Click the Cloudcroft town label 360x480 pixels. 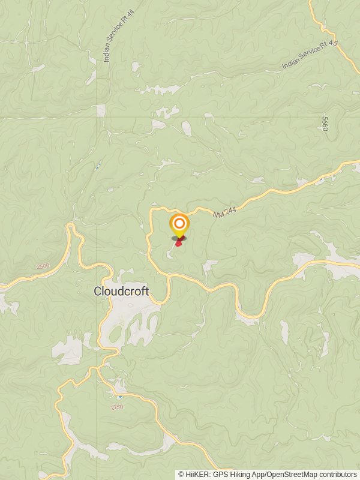tap(121, 291)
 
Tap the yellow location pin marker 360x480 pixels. tap(179, 226)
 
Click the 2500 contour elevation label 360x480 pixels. tap(43, 266)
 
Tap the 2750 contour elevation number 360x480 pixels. tap(117, 407)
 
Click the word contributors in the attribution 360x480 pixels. tap(338, 474)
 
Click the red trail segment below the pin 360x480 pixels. tap(178, 242)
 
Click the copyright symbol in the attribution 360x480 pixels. tap(181, 474)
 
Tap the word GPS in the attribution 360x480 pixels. tap(220, 474)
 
